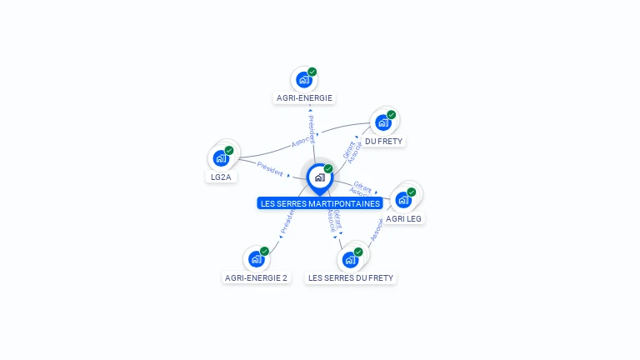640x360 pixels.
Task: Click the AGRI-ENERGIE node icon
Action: click(x=303, y=80)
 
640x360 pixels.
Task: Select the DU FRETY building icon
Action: click(x=382, y=123)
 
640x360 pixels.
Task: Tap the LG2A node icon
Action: click(x=221, y=158)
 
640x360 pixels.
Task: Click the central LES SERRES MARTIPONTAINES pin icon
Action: click(x=319, y=177)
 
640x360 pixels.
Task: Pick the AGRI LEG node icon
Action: click(x=403, y=200)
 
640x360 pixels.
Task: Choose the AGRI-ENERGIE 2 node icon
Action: click(x=256, y=259)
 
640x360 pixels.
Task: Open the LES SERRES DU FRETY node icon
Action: click(x=350, y=260)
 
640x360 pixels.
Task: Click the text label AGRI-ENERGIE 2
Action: click(x=257, y=277)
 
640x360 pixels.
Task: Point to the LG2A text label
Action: click(x=221, y=177)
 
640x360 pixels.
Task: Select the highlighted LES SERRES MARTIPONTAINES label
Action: click(x=320, y=203)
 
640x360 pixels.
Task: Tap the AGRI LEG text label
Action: click(x=403, y=218)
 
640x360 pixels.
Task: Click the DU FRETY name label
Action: click(x=383, y=142)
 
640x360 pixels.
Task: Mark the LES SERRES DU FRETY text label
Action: click(x=350, y=277)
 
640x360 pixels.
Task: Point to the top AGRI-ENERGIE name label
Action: click(x=304, y=97)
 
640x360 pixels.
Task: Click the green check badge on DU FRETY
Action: click(x=392, y=115)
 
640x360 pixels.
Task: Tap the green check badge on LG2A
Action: click(x=229, y=151)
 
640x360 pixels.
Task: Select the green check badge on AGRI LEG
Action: click(x=412, y=192)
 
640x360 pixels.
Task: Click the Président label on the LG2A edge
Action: click(x=270, y=167)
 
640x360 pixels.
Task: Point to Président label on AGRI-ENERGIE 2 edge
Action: click(x=287, y=221)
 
